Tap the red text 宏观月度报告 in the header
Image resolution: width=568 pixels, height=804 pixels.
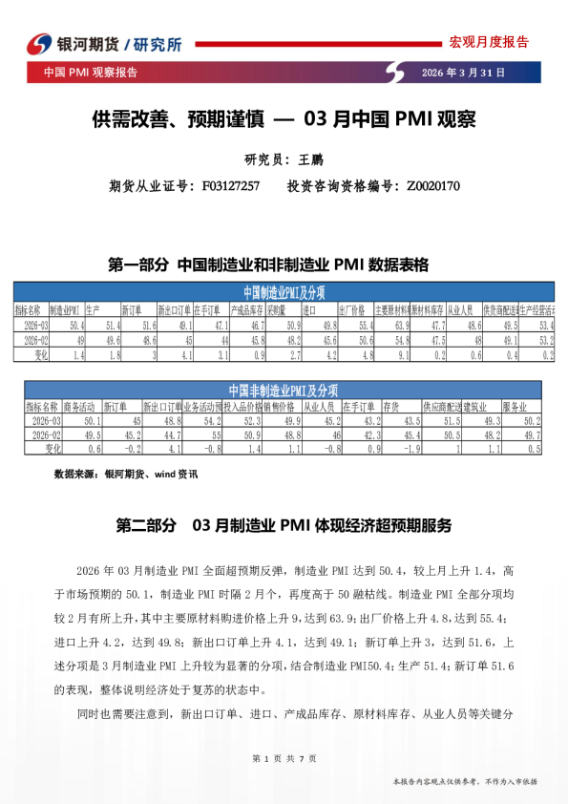click(488, 42)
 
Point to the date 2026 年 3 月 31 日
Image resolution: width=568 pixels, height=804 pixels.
click(463, 73)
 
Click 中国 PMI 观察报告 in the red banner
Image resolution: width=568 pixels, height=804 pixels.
click(91, 73)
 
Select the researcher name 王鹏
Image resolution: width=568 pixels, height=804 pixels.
click(312, 159)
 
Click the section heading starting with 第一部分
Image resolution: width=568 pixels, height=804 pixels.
click(270, 264)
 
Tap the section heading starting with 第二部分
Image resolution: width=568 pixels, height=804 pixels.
click(283, 525)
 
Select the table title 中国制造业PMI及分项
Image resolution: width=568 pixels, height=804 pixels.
click(284, 292)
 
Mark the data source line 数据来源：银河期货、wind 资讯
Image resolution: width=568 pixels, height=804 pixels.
click(126, 474)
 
